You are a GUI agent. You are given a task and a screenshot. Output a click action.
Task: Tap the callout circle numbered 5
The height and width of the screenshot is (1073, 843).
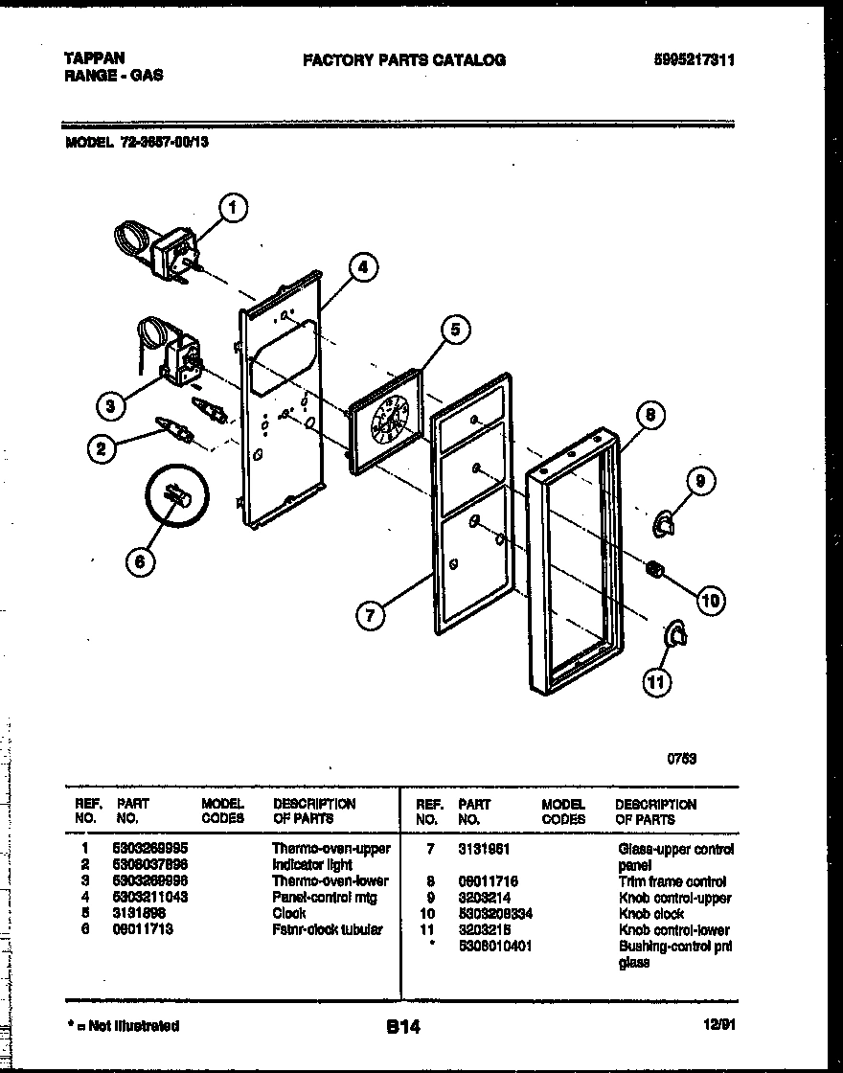click(x=455, y=331)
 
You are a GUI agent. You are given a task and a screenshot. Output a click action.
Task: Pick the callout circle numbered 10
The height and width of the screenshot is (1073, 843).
click(x=709, y=601)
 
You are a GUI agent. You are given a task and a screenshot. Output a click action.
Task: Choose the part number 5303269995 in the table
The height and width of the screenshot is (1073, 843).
click(x=150, y=849)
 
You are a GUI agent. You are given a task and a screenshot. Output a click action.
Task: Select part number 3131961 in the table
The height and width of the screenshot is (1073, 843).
click(x=486, y=849)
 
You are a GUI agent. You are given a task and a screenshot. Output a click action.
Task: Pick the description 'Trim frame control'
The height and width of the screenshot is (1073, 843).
click(x=672, y=881)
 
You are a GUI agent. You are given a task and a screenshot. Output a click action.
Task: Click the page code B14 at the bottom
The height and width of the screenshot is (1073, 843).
click(x=403, y=1027)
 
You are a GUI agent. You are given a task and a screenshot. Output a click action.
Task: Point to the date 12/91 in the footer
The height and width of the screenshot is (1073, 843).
click(x=712, y=1026)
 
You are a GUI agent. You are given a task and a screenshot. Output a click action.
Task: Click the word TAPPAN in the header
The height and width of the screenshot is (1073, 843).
click(x=94, y=58)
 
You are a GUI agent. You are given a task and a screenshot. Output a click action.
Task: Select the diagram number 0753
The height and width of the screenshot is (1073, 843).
click(x=681, y=758)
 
